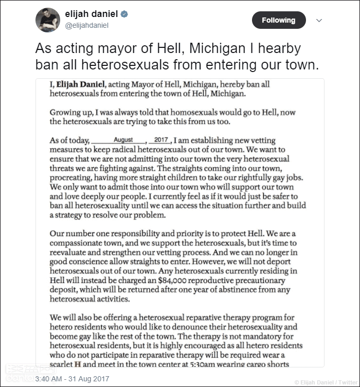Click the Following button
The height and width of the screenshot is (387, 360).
coord(279,20)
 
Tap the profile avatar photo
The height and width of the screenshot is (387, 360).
coord(48,20)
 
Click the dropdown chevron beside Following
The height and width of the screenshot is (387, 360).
coord(319,20)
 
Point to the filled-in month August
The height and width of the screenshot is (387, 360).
coord(123,140)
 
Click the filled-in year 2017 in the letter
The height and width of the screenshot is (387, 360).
coord(161,140)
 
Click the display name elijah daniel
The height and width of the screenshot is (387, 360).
coord(92,14)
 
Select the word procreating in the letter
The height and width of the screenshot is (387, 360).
coord(72,178)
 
